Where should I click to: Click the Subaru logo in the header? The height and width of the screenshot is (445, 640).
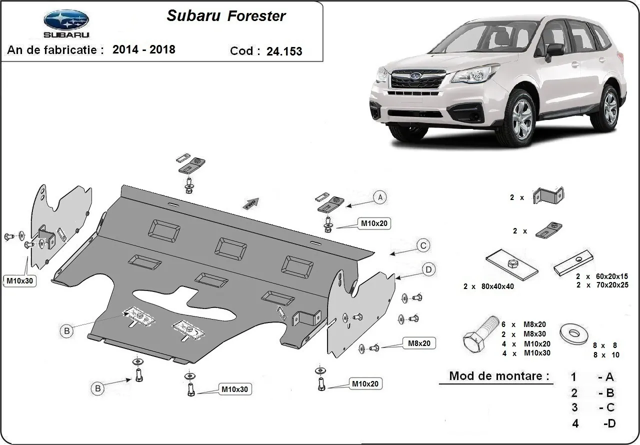click(66, 23)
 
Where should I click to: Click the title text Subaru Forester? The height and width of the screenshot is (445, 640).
click(226, 16)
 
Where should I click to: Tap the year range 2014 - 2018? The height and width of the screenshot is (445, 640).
click(144, 49)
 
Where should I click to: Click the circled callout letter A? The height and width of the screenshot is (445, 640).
click(380, 197)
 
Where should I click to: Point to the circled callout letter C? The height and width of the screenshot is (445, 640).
click(423, 245)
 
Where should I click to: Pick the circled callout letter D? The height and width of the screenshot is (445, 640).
click(428, 270)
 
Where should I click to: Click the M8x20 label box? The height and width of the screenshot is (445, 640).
click(418, 343)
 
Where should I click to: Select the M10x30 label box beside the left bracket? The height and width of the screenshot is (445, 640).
click(19, 280)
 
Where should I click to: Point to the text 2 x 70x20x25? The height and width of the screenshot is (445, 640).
click(602, 284)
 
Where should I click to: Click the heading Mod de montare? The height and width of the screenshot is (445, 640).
click(498, 375)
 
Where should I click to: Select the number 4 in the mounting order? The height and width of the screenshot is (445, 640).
click(575, 423)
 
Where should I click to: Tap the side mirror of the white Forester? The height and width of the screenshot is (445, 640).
click(554, 49)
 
